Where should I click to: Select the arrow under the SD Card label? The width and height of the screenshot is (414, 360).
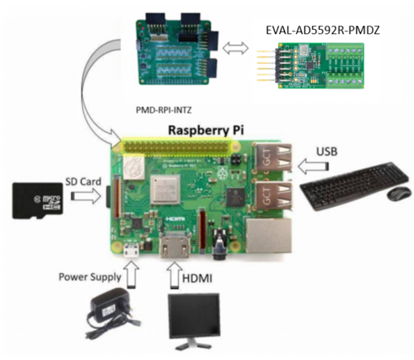(83, 196)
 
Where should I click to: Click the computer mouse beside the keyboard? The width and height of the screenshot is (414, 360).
(399, 193)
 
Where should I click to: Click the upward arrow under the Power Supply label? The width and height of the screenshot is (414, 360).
(131, 271)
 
